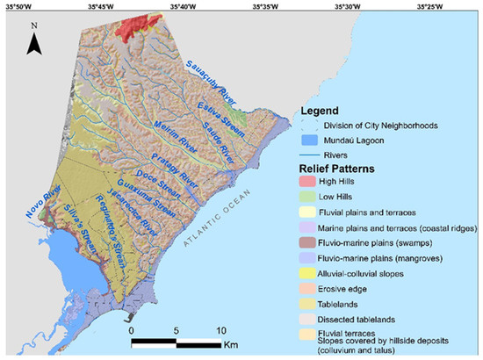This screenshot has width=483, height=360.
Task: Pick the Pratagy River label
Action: (176, 165)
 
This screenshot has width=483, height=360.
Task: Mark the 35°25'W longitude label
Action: (429, 6)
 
